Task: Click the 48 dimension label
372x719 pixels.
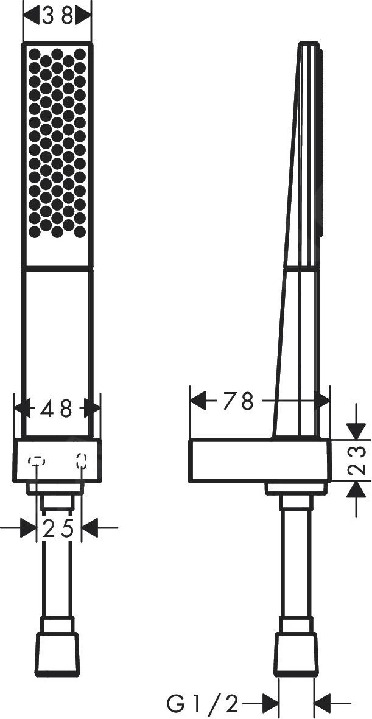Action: point(57,409)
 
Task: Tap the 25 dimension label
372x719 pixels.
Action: point(58,528)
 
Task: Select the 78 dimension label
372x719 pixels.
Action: point(237,401)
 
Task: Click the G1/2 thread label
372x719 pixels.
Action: point(203,704)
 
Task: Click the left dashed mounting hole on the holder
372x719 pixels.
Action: point(37,461)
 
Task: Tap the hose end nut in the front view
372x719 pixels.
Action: point(57,654)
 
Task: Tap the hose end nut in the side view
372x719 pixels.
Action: point(296,654)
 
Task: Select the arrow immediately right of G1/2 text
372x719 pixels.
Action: point(268,704)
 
